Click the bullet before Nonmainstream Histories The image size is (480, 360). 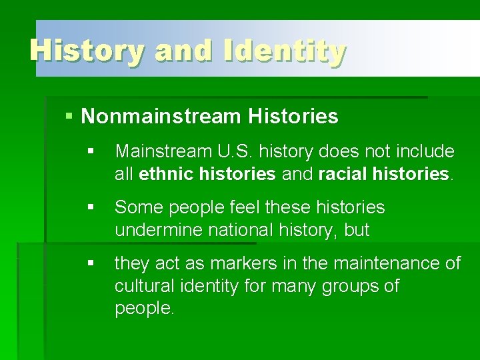[70, 117]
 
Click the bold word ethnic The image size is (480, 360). [164, 175]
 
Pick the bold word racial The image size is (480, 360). [343, 175]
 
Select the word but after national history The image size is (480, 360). [357, 231]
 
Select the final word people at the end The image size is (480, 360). [144, 309]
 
